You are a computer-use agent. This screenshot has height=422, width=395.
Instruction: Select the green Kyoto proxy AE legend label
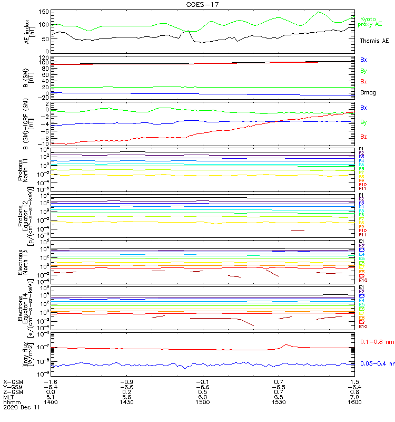[x=370, y=22]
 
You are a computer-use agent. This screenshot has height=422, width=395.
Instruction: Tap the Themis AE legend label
[x=374, y=41]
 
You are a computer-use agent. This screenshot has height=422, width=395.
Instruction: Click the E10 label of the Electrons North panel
[x=362, y=280]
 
